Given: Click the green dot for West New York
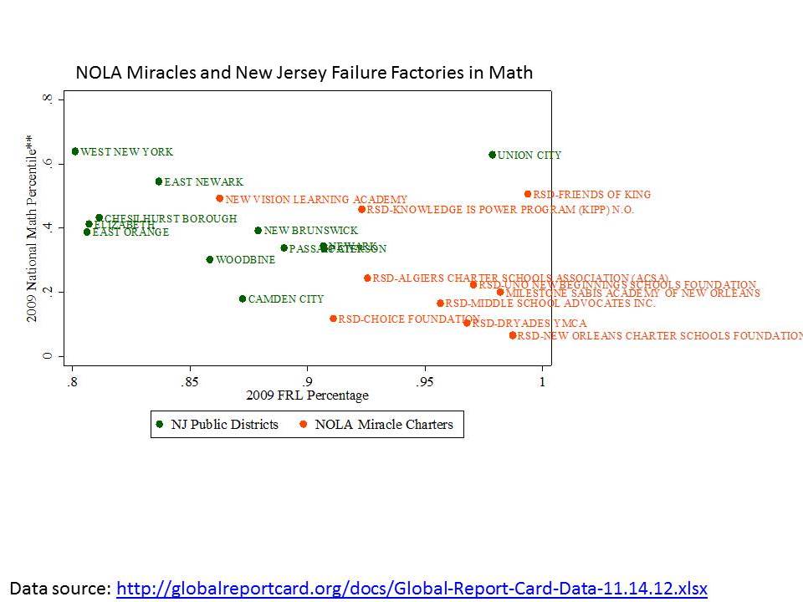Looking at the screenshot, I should coord(75,151).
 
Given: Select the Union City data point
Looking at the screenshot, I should coord(492,155).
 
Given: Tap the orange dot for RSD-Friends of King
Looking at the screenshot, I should coord(528,194).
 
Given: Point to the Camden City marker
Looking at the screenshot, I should coord(243,298).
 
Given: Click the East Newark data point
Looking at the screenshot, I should coord(158,181).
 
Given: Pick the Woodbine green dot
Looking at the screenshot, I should coord(210,259).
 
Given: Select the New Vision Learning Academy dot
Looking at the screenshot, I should coord(219,199).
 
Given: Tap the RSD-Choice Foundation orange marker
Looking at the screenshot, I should coord(333,319).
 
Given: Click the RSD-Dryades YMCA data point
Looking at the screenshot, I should coord(467,323).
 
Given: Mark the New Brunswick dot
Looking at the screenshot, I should coord(258,231).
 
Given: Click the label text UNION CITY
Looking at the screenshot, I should coord(529,156).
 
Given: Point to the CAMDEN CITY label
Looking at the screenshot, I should coord(286,298).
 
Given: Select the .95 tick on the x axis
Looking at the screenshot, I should coord(425,382).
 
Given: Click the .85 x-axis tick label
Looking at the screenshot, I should coord(190,382).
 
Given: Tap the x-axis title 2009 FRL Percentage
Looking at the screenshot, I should coord(306,395).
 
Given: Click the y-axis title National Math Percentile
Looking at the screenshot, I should coord(30,228).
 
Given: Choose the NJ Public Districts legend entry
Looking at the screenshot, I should coord(217,425).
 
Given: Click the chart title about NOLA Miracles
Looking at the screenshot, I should coord(304,73).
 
